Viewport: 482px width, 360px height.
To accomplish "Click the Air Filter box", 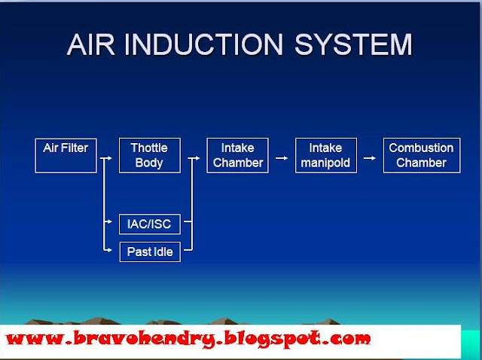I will pos(66,155).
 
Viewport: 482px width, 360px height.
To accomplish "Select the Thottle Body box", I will pos(149,155).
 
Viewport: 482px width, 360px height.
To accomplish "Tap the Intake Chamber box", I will pos(238,155).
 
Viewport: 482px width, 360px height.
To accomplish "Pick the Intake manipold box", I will pos(325,155).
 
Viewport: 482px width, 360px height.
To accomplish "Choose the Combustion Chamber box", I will pos(422,155).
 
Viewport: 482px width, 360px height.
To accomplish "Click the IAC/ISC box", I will pos(149,224).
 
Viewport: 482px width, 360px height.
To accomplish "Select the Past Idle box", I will pos(149,252).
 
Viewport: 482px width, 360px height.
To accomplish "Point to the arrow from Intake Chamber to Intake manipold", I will pos(281,158).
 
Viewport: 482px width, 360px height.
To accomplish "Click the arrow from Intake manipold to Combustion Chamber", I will pos(369,158).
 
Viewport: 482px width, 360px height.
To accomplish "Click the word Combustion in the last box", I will pos(422,148).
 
